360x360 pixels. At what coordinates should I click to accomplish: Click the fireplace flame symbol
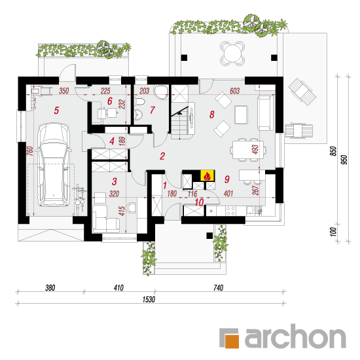point(207,176)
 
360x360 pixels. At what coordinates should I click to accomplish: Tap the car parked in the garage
point(54,165)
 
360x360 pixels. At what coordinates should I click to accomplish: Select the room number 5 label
point(56,111)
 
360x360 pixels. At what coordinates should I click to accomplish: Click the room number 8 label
point(212,115)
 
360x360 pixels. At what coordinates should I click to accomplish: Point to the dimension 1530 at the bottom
point(149,299)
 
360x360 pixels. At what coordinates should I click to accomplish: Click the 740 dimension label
point(218,288)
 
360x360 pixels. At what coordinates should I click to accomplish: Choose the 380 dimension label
point(50,288)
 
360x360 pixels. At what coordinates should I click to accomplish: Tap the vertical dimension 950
point(344,160)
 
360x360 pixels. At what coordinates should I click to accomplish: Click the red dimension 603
point(234,91)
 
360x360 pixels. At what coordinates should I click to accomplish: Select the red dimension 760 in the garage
point(30,151)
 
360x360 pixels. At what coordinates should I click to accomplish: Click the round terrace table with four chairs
point(232,54)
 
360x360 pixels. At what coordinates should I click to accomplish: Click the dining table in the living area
point(248,150)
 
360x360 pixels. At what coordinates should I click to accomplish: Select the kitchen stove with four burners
point(230,211)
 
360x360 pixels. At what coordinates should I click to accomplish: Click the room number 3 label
point(115,181)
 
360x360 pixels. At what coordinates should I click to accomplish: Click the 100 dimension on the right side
point(333,232)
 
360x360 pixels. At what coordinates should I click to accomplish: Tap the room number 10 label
point(199,202)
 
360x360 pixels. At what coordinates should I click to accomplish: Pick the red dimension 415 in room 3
point(122,211)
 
